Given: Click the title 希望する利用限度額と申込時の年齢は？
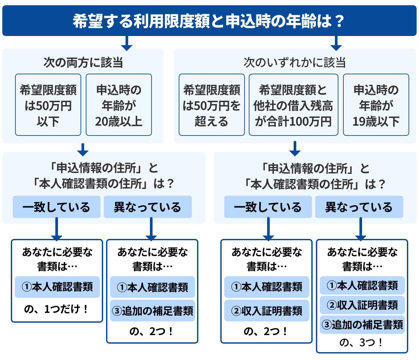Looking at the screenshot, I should click(209, 21).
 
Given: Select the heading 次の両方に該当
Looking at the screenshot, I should click(83, 62).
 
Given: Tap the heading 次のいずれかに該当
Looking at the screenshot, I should click(294, 62).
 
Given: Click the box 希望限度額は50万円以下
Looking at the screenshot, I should click(48, 105).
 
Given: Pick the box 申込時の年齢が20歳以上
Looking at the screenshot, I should click(119, 105).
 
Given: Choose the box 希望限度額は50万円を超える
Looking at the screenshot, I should click(211, 105).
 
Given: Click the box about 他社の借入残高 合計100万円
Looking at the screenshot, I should click(293, 105).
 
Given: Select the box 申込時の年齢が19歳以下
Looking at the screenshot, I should click(376, 105).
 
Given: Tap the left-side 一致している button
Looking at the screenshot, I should click(56, 207).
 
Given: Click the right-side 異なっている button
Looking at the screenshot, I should click(359, 207).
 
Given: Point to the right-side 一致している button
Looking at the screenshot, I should click(268, 207).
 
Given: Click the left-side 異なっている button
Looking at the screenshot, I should click(147, 207).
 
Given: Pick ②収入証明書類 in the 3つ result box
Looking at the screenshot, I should click(362, 305).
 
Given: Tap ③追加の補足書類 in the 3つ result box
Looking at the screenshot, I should click(362, 325).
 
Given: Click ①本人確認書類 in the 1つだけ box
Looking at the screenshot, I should click(57, 287).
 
